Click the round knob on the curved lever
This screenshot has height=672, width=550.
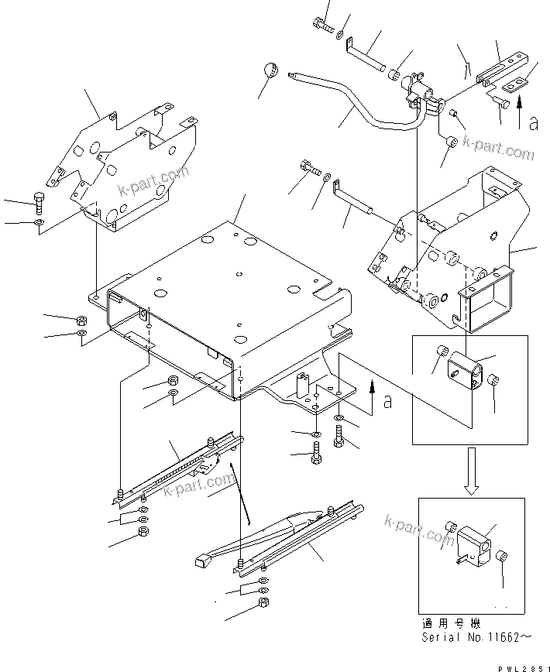[x=270, y=70]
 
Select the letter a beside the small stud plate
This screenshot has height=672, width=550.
[x=387, y=403]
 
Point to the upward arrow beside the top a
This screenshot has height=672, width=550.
[x=520, y=103]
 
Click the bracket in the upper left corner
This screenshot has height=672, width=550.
[x=124, y=170]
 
